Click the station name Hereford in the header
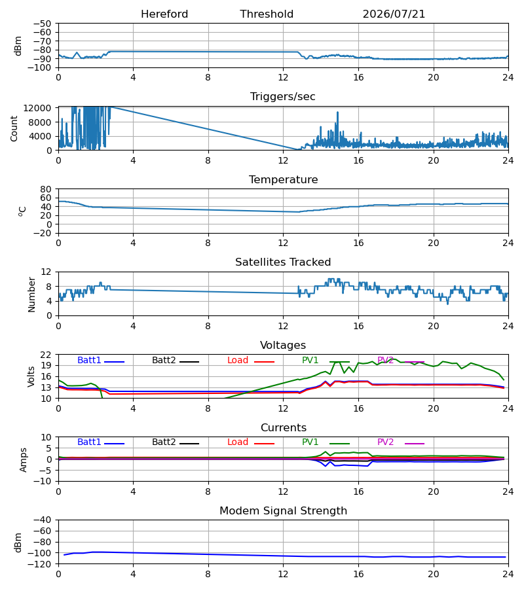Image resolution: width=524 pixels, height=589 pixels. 164,14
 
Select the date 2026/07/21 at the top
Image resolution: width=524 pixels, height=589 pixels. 394,14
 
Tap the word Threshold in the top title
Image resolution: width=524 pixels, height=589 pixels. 267,14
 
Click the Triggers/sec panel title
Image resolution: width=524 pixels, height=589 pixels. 283,97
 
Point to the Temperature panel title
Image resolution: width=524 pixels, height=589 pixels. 283,179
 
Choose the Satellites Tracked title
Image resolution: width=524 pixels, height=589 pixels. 283,262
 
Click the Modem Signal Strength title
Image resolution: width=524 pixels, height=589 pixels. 283,511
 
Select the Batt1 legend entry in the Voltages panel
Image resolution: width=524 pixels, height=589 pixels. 100,360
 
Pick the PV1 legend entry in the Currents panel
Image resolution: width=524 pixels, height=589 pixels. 326,442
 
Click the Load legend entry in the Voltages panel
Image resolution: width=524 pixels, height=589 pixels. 251,360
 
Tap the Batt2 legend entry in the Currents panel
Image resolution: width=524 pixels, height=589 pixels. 176,442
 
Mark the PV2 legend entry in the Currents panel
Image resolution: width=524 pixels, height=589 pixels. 401,442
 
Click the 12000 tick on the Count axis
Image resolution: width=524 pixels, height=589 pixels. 37,108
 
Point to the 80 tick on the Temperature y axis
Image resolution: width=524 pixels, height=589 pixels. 46,189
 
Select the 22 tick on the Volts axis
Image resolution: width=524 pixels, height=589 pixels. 46,355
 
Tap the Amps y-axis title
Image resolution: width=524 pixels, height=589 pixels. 24,459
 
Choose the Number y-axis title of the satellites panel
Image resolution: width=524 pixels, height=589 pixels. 31,294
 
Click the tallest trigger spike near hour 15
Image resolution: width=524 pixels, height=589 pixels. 337,113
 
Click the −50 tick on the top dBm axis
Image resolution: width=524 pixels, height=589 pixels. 43,24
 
